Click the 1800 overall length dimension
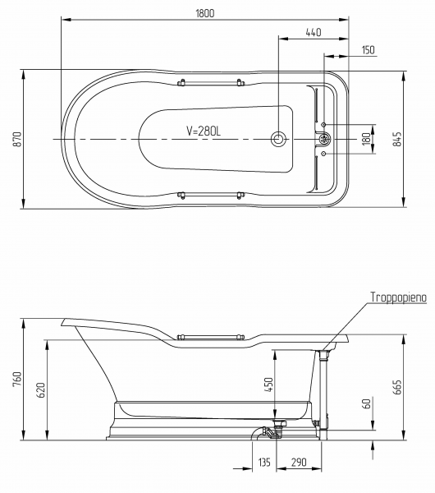pos(205,13)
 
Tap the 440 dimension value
pos(314,32)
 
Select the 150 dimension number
pos(368,50)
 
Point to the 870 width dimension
pos(16,139)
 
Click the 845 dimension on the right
pos(397,139)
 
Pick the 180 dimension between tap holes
pos(366,139)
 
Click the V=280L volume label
pos(204,131)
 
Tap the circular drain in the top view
pos(278,139)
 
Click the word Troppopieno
pos(398,297)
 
